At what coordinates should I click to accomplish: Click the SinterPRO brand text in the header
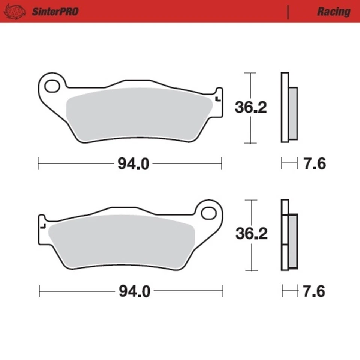coord(55,12)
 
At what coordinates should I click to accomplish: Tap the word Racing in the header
coord(333,12)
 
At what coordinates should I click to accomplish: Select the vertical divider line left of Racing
coord(288,12)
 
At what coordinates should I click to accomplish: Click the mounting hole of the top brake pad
coord(52,85)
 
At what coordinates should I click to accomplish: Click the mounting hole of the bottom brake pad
coord(208,213)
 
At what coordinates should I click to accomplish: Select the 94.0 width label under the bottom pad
coord(134,291)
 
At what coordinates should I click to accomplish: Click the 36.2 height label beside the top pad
coord(251,108)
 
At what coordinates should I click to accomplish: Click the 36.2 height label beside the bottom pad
coord(251,234)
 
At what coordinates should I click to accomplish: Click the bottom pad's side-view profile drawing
coord(289,235)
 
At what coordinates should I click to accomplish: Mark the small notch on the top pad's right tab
coord(217,99)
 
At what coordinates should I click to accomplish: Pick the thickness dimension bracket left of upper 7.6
coord(287,163)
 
